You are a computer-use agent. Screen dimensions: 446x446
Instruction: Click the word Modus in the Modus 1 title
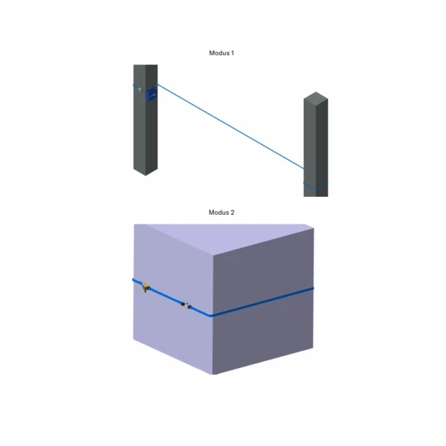[218, 54]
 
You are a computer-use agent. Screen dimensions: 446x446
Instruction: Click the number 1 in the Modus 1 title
[233, 54]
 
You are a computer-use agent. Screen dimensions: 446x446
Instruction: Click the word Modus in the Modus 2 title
[218, 213]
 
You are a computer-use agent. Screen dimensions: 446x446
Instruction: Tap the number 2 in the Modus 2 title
[233, 213]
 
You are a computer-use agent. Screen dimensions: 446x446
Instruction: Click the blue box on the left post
[152, 93]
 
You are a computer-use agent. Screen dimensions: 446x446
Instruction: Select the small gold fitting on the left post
[139, 89]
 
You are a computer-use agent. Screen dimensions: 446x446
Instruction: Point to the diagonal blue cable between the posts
[230, 129]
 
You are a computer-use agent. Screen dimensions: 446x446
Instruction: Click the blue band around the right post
[315, 184]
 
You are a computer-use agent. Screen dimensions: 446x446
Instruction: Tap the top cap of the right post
[315, 97]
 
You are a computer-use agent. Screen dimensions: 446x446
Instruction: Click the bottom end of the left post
[146, 173]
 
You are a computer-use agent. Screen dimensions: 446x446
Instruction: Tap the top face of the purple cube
[223, 238]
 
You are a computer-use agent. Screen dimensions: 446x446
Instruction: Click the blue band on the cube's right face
[264, 301]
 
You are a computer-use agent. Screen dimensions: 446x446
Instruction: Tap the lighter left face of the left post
[139, 126]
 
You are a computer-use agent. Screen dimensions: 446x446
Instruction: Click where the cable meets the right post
[305, 169]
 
